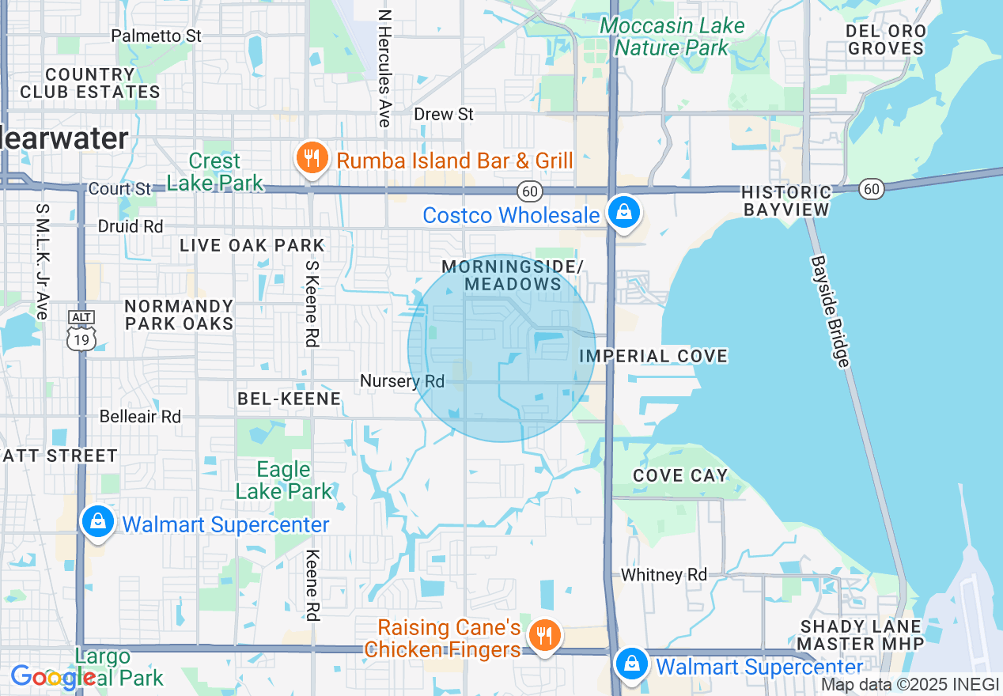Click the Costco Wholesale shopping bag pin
tap(624, 213)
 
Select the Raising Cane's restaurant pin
tap(543, 635)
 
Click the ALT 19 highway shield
tap(82, 331)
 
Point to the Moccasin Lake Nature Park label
tap(672, 36)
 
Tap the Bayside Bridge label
tap(831, 310)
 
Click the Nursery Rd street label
tap(403, 381)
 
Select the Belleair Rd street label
tap(140, 416)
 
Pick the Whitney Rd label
tap(664, 575)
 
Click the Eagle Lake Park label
tap(284, 480)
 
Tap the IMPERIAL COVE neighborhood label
tap(653, 356)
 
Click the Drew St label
tap(444, 115)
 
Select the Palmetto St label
tap(157, 36)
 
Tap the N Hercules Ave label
tap(384, 68)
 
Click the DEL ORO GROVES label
tap(885, 40)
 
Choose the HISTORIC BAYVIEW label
tap(786, 201)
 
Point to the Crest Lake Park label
tap(215, 172)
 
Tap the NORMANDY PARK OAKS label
tap(180, 314)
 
